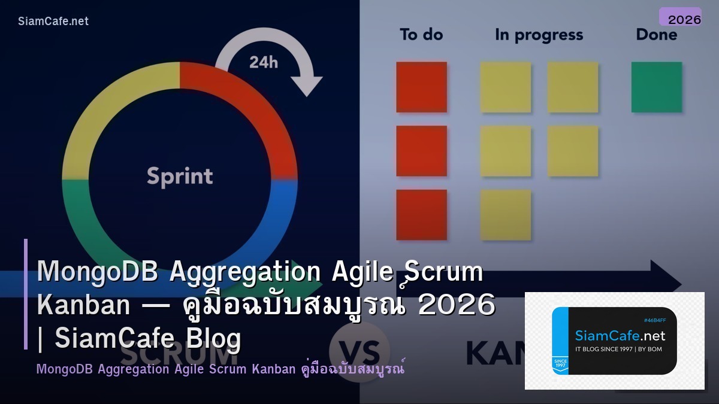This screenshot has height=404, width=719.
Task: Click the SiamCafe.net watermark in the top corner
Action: pos(53,22)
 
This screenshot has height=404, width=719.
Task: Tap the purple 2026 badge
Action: pos(680,18)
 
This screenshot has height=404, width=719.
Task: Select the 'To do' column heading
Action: pos(421,35)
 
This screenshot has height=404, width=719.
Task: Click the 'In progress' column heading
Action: pos(539,35)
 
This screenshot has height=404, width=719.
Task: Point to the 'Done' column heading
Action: pos(656,35)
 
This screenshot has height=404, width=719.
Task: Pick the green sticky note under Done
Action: pos(657,87)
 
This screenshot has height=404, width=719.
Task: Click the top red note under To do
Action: pos(421,87)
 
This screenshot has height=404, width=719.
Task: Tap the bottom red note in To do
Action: pos(421,214)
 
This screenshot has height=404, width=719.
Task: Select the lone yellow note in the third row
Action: pos(506,214)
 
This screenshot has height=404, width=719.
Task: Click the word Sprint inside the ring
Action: pos(180,177)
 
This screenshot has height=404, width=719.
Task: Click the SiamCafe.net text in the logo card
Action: pos(620,336)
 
